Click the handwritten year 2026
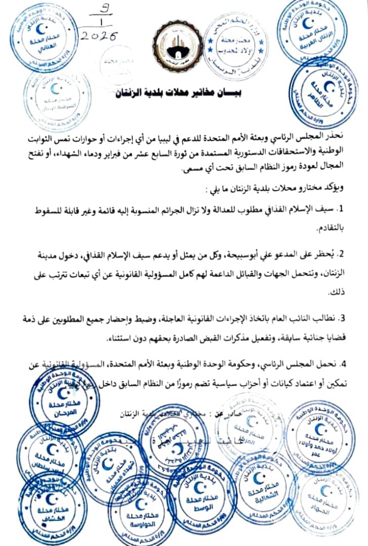(x=100, y=36)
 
